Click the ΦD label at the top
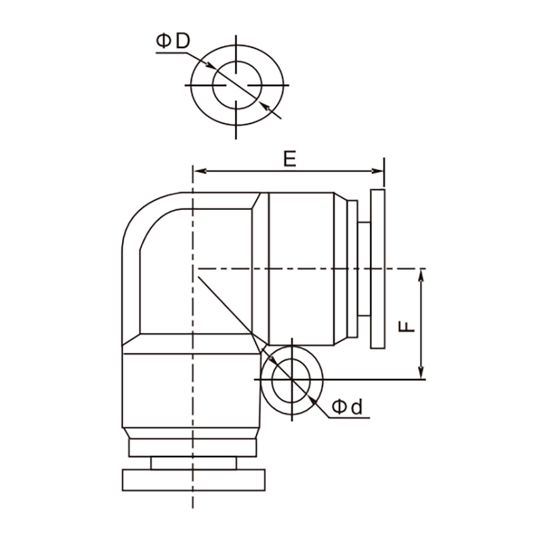(x=173, y=41)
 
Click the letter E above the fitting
(x=290, y=159)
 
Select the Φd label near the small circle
(x=347, y=407)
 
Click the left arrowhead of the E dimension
(x=201, y=171)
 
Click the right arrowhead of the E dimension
(x=377, y=171)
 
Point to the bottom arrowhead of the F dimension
(x=421, y=373)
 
